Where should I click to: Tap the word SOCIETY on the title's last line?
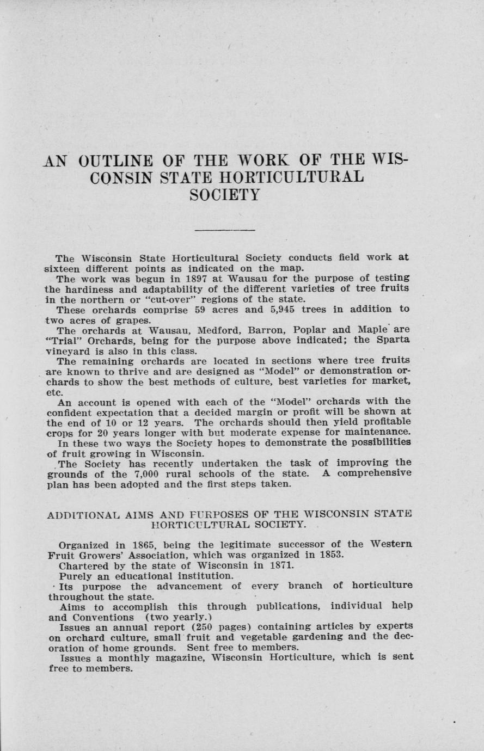click(225, 195)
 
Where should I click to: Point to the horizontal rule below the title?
click(225, 230)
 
